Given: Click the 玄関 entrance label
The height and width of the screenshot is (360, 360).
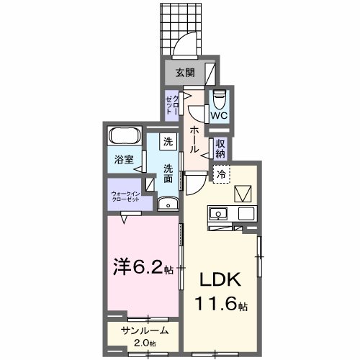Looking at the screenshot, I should tap(184, 72).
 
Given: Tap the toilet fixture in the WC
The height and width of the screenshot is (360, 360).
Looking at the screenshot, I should tap(220, 96).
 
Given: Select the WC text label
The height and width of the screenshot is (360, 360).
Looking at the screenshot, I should tap(220, 113).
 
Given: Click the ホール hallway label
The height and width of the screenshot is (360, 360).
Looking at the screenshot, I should tap(194, 139).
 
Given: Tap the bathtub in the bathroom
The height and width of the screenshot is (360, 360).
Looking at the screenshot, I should tap(126, 136).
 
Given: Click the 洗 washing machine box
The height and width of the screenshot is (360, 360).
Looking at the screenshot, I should tap(167, 142).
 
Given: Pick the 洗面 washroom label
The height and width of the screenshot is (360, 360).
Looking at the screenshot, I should tap(167, 174).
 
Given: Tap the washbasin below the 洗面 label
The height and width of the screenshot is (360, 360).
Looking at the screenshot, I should tap(168, 204).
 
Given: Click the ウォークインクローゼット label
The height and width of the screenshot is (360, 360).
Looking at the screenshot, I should tap(125, 197).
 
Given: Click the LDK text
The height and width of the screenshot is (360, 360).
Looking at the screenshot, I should tap(220, 280).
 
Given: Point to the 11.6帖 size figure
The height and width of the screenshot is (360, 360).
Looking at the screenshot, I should tap(220, 305).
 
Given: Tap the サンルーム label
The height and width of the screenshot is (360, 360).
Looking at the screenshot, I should tap(144, 331).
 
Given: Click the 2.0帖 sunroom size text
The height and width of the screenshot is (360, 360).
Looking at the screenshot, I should tap(144, 343).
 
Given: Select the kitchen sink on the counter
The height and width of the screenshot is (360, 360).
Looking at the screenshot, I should tap(217, 213).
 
